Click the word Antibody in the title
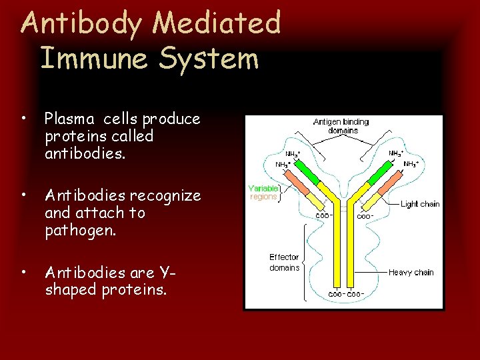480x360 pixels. point(81,24)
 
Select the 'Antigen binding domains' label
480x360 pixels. point(341,126)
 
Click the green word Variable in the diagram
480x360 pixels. point(263,189)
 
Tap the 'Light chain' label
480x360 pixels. point(420,204)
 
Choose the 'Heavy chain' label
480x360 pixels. point(411,272)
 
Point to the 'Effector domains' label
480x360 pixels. point(284,262)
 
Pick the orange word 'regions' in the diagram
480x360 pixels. point(263,197)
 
